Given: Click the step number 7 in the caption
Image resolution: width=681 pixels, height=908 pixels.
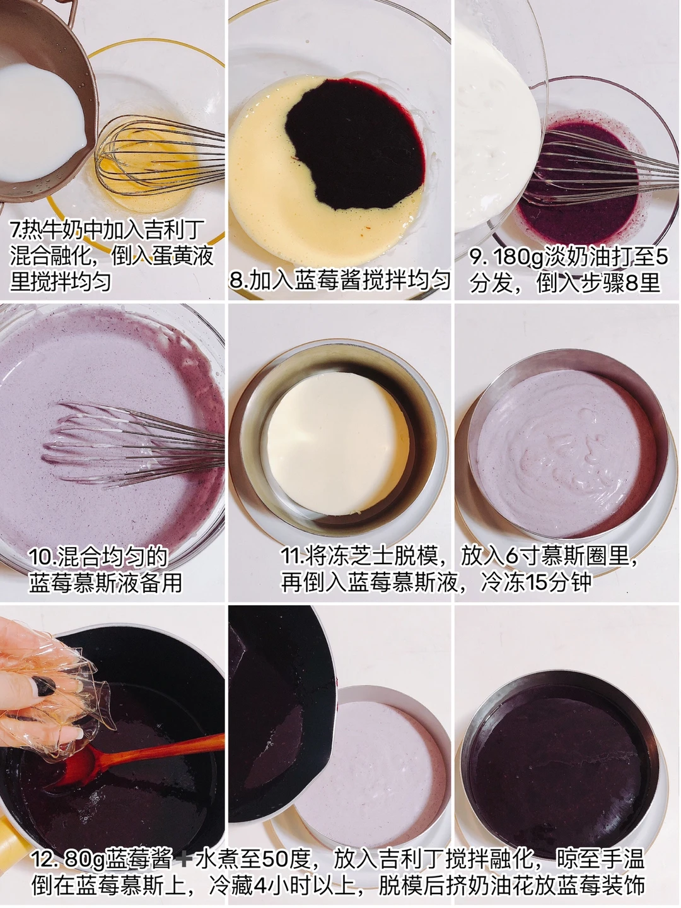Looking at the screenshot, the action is pos(15,230).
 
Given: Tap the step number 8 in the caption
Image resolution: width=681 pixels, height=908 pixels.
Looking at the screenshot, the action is pos(237,281).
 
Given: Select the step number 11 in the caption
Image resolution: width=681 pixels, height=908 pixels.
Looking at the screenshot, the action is pos(292,557).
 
